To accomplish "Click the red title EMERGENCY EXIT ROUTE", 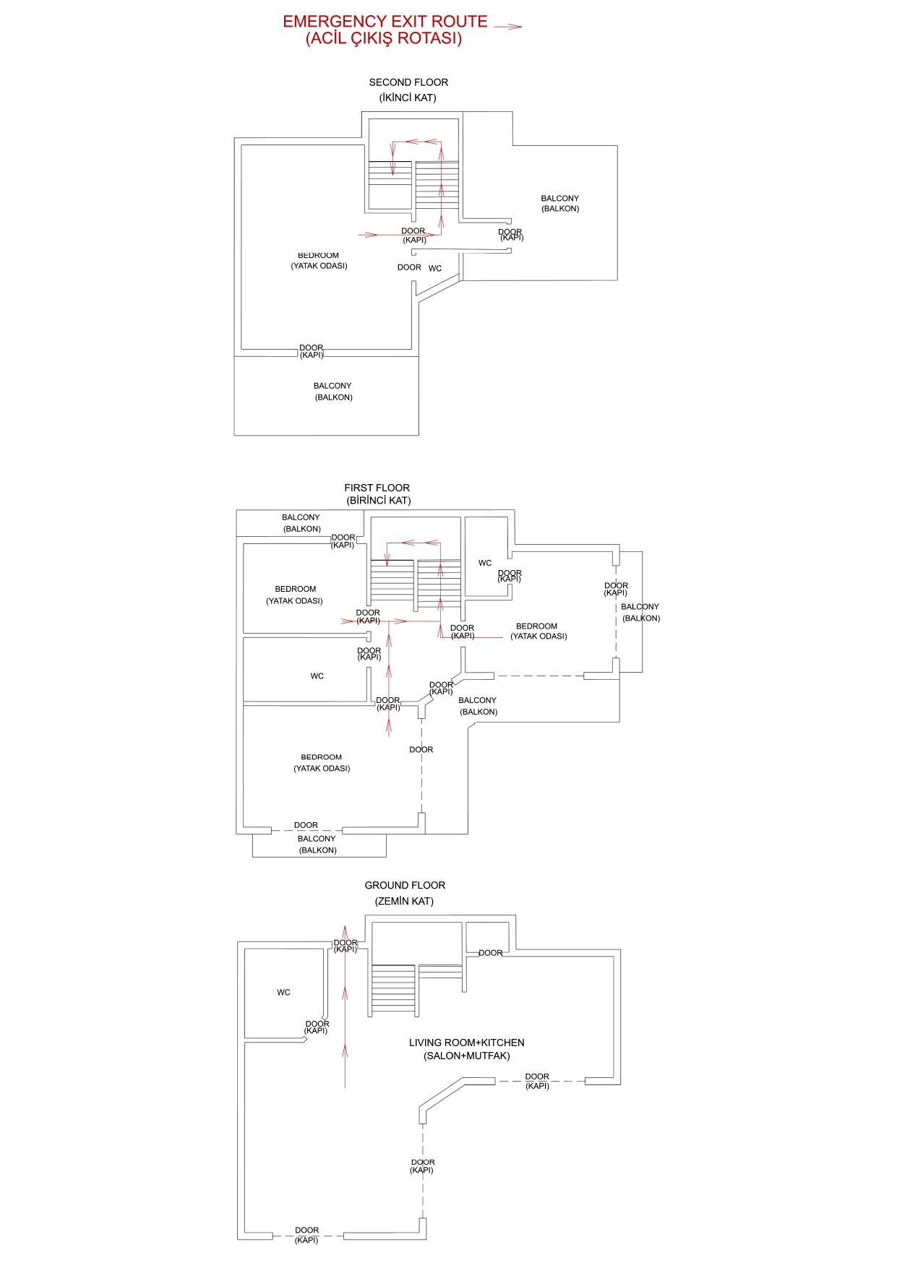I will [x=385, y=22].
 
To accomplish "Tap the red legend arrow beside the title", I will [x=507, y=27].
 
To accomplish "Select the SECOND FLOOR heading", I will [x=408, y=82].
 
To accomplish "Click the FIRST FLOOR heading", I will [x=377, y=488].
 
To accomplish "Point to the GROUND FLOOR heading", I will [x=405, y=885].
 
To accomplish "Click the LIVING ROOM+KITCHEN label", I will [x=466, y=1043].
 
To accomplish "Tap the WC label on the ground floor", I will [x=283, y=993].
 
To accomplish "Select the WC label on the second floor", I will [x=435, y=268].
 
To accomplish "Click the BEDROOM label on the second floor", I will [x=318, y=256].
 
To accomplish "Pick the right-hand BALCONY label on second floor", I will [x=559, y=198].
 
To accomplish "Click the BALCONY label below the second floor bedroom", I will [x=332, y=386].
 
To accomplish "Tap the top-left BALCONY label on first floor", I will [x=301, y=517].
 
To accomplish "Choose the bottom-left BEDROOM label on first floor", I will [x=321, y=757].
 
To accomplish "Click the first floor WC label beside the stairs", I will [x=485, y=563].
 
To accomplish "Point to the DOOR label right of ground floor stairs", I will [x=490, y=953].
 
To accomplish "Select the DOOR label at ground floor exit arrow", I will [x=346, y=943].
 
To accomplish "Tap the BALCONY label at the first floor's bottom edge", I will [x=317, y=839].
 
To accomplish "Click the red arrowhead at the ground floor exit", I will [x=345, y=932].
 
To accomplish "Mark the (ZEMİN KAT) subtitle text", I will [x=404, y=901].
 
